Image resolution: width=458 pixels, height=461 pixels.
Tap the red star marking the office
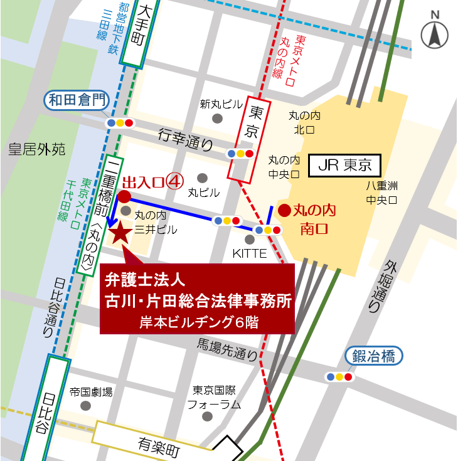[x=120, y=233]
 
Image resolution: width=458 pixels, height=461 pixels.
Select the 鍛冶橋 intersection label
[x=373, y=357]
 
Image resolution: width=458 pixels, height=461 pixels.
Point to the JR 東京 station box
[x=346, y=166]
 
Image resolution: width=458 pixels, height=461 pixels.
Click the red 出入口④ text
[x=152, y=182]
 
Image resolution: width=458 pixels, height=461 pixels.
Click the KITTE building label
[x=250, y=254]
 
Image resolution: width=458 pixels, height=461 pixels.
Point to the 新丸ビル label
[x=217, y=104]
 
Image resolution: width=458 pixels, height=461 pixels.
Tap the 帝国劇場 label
[x=91, y=392]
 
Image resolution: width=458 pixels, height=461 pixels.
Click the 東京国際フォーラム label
[x=214, y=397]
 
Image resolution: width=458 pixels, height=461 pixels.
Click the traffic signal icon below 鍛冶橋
[x=339, y=377]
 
